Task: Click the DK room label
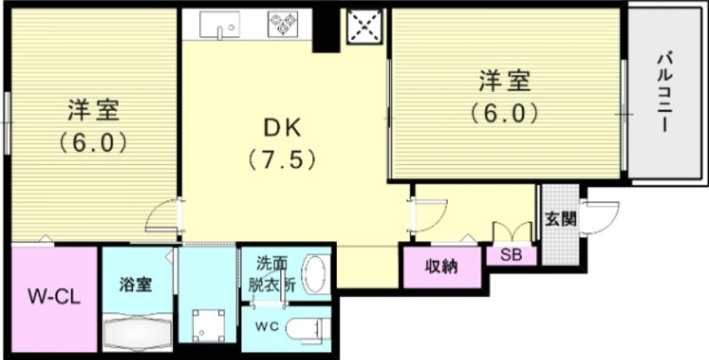tap(281, 128)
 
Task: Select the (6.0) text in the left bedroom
tap(93, 142)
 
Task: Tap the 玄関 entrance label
tap(560, 218)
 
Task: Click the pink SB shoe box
tap(510, 254)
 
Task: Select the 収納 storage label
tap(440, 266)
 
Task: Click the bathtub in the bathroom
tap(138, 334)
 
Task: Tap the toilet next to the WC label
tap(301, 327)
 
